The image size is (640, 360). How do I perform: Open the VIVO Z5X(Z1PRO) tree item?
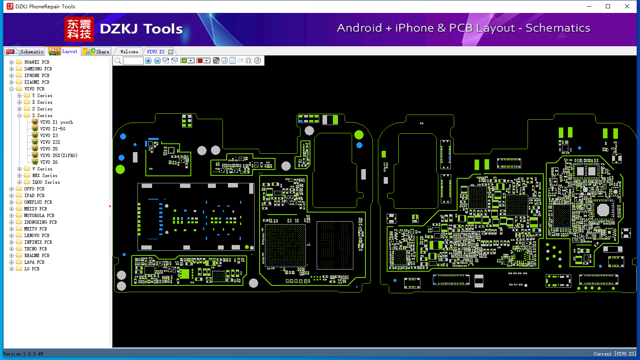pyautogui.click(x=59, y=155)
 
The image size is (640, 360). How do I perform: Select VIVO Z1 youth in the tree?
pyautogui.click(x=57, y=122)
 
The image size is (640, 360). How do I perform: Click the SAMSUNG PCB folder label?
pyautogui.click(x=38, y=69)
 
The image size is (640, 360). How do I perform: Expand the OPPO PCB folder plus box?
pyautogui.click(x=11, y=189)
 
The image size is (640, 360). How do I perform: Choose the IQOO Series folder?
pyautogui.click(x=46, y=182)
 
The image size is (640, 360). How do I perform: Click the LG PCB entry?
pyautogui.click(x=32, y=269)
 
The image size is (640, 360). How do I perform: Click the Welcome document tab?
pyautogui.click(x=129, y=52)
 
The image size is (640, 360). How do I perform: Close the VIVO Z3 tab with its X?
pyautogui.click(x=170, y=52)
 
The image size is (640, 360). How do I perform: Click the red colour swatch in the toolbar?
pyautogui.click(x=200, y=60)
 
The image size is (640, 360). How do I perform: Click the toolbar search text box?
pyautogui.click(x=133, y=60)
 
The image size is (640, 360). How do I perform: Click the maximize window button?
pyautogui.click(x=608, y=6)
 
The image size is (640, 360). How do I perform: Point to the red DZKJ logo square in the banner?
pyautogui.click(x=79, y=29)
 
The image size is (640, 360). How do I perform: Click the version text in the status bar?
pyautogui.click(x=23, y=354)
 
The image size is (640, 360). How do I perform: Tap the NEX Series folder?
pyautogui.click(x=45, y=175)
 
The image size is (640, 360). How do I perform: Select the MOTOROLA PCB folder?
pyautogui.click(x=39, y=215)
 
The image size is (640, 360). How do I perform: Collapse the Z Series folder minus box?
pyautogui.click(x=20, y=115)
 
